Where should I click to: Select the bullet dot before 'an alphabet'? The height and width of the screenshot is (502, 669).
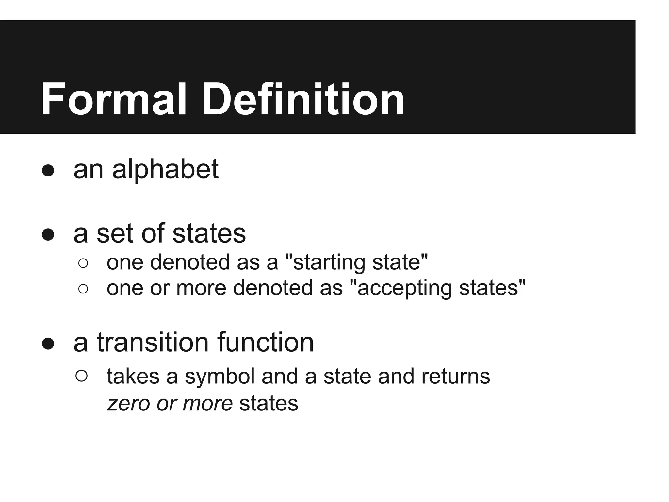48,170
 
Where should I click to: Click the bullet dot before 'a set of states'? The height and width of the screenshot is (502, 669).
48,234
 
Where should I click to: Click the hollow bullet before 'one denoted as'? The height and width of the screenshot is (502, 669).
83,263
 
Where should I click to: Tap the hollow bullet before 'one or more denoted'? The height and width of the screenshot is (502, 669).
83,289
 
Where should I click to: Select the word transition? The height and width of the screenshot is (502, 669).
153,343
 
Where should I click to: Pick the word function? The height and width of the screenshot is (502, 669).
265,343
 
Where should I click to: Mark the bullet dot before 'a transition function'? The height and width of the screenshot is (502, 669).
48,343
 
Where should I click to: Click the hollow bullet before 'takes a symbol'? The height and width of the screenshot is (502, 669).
81,376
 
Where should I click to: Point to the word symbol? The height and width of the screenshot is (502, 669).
220,376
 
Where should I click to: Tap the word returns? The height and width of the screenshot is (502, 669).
456,376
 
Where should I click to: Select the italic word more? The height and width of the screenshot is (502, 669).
208,403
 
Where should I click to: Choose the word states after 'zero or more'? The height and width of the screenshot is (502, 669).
269,403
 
